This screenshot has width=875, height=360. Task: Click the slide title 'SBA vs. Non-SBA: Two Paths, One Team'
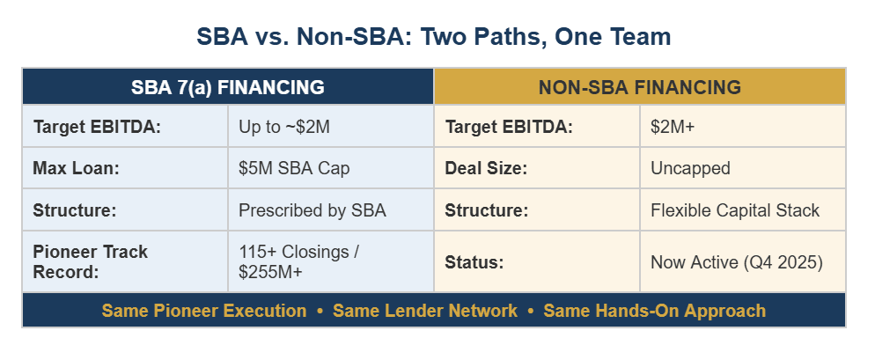tap(434, 37)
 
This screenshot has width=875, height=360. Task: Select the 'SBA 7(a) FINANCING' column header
tap(228, 88)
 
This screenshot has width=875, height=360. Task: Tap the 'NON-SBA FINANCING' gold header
tap(639, 88)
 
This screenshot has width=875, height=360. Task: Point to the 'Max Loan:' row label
tap(76, 168)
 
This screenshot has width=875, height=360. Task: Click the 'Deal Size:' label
tap(486, 168)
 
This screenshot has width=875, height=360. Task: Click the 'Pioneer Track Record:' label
tap(91, 261)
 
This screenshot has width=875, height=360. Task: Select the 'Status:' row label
tap(474, 262)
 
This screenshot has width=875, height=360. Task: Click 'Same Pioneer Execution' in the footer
tap(203, 311)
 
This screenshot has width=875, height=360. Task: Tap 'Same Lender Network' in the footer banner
tap(424, 311)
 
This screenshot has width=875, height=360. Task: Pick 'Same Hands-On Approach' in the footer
tap(655, 311)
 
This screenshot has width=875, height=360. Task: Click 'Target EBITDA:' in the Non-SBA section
tap(509, 128)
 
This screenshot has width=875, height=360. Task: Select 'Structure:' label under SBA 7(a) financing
tap(75, 210)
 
